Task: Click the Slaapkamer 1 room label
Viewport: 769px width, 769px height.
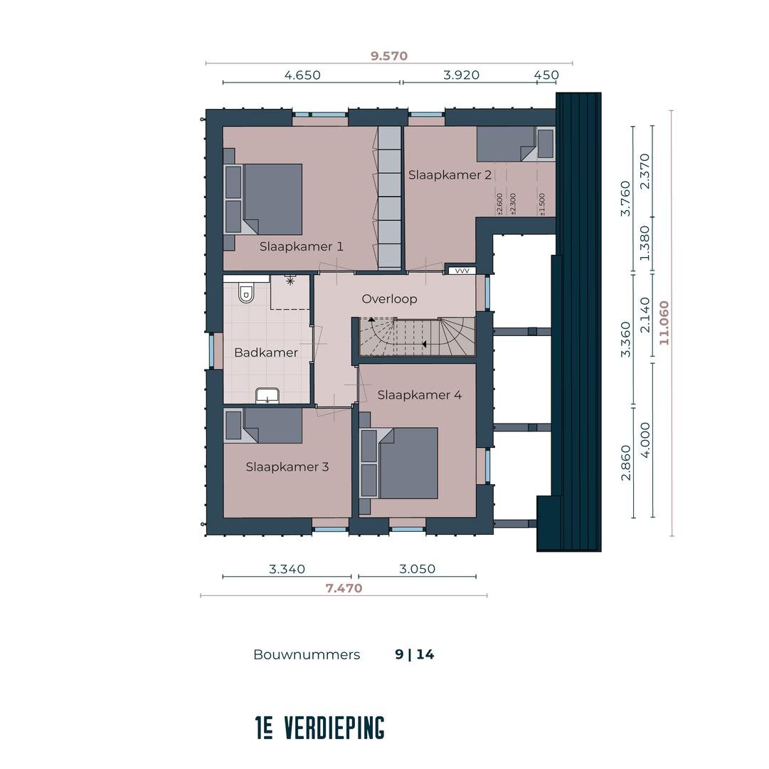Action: click(x=301, y=246)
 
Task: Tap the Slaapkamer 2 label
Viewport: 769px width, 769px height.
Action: click(x=450, y=174)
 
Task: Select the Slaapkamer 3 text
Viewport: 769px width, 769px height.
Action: click(x=287, y=466)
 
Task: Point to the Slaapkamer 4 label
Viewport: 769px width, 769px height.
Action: click(x=419, y=394)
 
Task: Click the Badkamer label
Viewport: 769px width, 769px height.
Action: click(x=266, y=352)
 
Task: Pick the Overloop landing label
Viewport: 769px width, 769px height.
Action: click(x=389, y=299)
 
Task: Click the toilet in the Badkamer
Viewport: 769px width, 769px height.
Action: click(x=245, y=293)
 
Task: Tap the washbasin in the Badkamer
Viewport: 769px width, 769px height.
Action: click(x=267, y=396)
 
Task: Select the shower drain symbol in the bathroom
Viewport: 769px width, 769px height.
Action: click(x=290, y=281)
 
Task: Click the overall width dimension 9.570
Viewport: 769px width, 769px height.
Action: click(x=389, y=56)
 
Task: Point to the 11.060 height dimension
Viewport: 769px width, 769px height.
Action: click(x=664, y=323)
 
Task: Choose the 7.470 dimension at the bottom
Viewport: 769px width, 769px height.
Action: click(x=344, y=588)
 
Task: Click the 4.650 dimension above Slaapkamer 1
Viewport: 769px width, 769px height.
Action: click(x=302, y=75)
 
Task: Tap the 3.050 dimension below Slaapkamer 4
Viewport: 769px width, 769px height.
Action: click(x=417, y=569)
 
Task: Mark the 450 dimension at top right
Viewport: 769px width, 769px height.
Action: click(x=546, y=75)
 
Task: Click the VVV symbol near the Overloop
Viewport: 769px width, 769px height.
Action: click(x=462, y=271)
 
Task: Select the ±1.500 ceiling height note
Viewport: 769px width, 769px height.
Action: click(x=542, y=204)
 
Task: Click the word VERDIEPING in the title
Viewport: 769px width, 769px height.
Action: click(x=334, y=728)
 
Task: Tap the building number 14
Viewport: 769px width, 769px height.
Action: click(x=425, y=654)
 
